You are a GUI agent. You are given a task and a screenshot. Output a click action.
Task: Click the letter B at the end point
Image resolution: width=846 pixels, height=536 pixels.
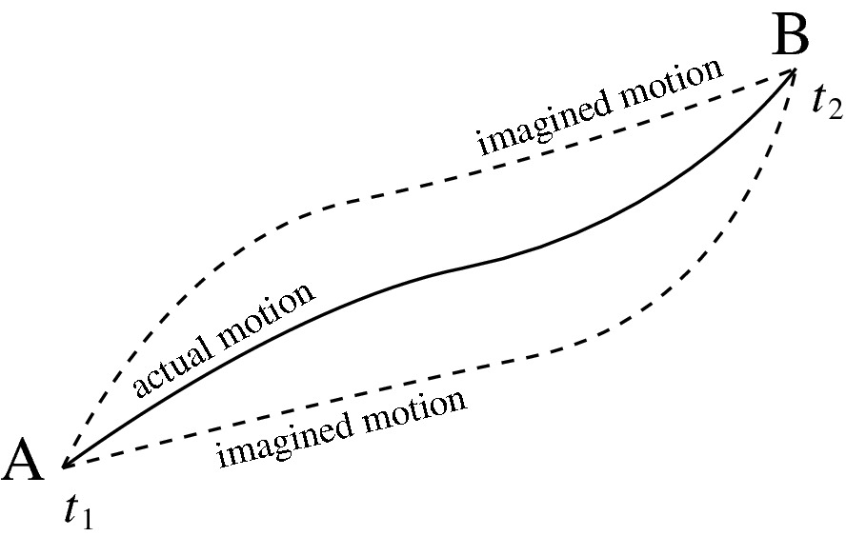[791, 37]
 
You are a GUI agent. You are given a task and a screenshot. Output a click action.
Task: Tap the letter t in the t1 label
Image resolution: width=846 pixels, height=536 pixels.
[72, 511]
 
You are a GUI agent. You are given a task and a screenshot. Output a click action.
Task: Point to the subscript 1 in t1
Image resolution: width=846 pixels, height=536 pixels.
[90, 520]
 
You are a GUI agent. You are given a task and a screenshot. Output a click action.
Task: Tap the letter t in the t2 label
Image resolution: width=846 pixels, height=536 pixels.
[817, 98]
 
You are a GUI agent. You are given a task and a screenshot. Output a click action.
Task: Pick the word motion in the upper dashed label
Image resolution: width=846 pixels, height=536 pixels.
[678, 84]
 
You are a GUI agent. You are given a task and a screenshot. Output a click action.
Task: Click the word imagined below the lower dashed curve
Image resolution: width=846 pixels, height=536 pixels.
[283, 438]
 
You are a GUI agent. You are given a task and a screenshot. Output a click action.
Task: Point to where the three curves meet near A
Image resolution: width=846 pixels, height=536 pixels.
[63, 467]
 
